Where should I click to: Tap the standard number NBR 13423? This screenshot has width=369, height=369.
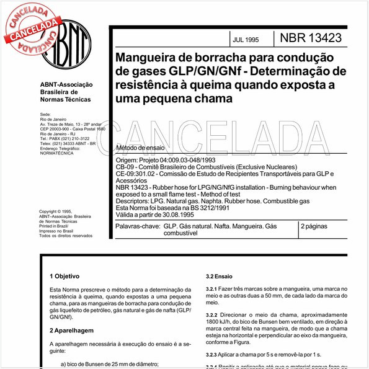311,38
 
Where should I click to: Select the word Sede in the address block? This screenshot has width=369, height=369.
45,115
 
